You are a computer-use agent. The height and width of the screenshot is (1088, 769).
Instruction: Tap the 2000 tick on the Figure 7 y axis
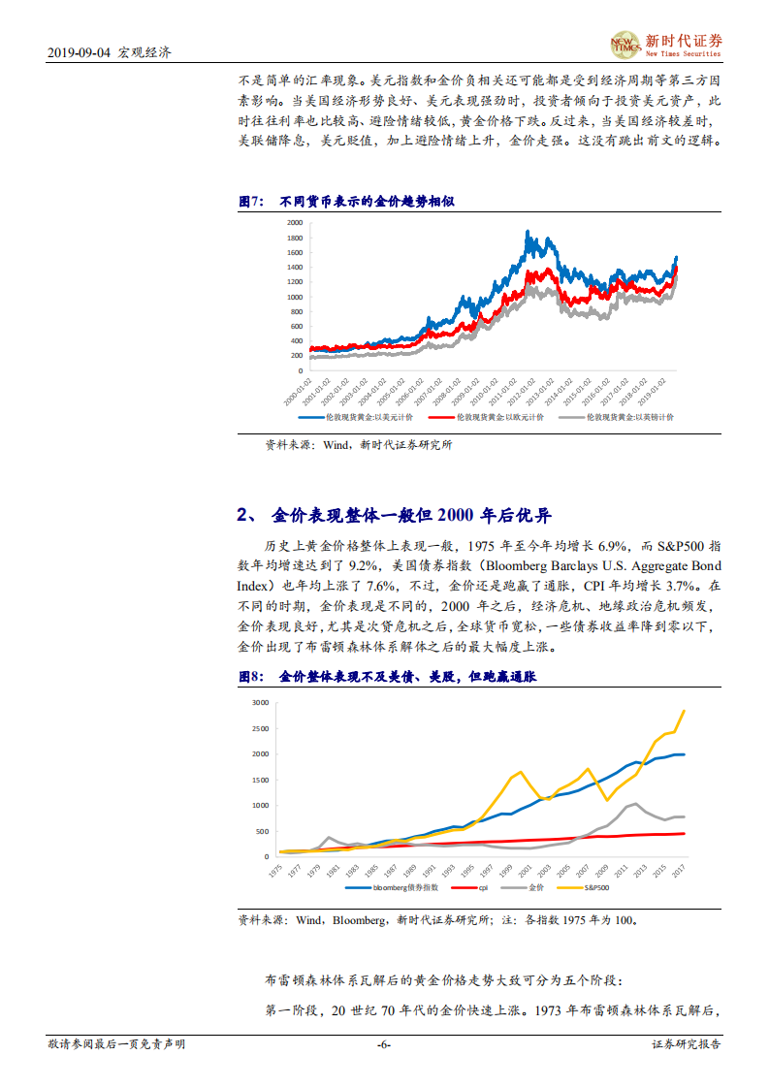click(294, 223)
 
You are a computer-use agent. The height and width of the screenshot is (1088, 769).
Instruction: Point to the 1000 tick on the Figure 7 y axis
click(294, 297)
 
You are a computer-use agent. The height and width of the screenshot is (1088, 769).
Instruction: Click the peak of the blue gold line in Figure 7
click(527, 232)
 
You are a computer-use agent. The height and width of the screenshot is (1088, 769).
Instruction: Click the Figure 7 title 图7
click(251, 202)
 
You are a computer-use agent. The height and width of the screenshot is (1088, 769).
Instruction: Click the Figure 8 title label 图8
click(251, 677)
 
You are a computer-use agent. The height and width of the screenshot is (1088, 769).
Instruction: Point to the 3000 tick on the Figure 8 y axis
click(259, 702)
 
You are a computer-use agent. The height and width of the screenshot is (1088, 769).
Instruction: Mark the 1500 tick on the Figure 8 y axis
click(259, 780)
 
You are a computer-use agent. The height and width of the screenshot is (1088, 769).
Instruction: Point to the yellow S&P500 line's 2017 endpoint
click(684, 711)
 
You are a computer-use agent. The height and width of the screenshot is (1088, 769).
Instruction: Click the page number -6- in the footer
click(383, 1044)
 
